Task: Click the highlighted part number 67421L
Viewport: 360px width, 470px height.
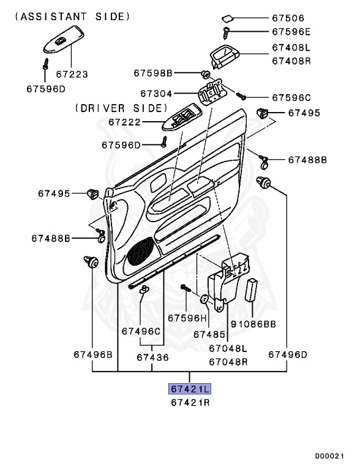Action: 190,389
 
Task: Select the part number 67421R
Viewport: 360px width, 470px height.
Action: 190,402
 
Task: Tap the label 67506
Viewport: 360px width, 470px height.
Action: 288,18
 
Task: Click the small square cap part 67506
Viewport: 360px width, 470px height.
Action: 228,19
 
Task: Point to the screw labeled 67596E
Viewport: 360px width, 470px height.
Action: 226,32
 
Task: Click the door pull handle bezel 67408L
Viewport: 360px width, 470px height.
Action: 224,56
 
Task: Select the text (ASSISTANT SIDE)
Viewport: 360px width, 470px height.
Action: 73,17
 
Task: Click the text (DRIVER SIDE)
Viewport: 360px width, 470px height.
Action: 121,108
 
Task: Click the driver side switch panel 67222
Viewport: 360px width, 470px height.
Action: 183,117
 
